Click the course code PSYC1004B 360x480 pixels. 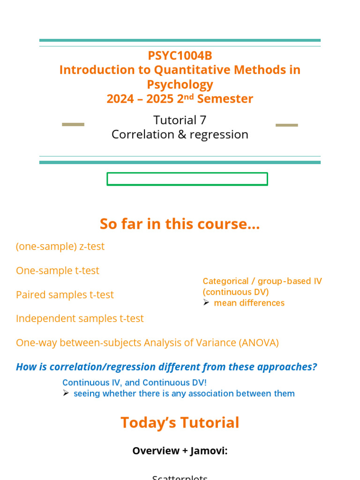click(x=180, y=56)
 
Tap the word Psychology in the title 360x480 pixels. click(x=180, y=85)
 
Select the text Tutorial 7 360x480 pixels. click(x=180, y=120)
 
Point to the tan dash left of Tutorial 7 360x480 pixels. click(x=73, y=125)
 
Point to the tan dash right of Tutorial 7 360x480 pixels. click(x=286, y=125)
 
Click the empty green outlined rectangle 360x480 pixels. click(x=187, y=179)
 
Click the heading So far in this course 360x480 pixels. click(x=180, y=224)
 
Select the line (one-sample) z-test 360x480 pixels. click(x=60, y=247)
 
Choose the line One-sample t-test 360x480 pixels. click(x=57, y=271)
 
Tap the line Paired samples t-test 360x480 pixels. click(x=65, y=295)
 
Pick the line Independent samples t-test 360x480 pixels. click(x=80, y=319)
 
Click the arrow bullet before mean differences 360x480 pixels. click(x=206, y=303)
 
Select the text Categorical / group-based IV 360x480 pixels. click(x=262, y=281)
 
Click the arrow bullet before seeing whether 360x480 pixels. click(x=66, y=393)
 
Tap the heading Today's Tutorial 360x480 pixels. click(x=180, y=423)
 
